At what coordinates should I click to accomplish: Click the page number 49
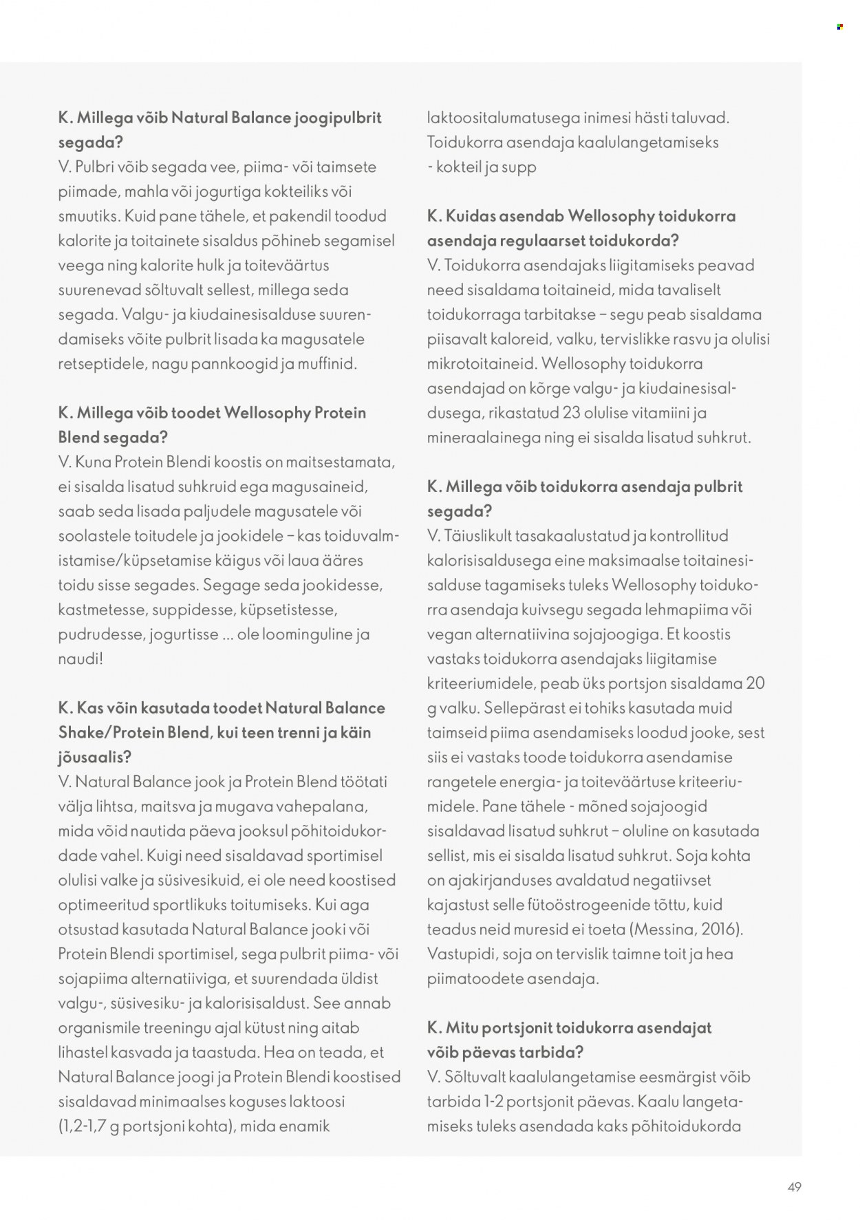[795, 1187]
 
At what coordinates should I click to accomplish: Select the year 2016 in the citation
[720, 929]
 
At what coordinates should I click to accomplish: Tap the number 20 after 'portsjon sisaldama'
[755, 683]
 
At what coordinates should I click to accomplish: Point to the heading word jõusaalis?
[94, 757]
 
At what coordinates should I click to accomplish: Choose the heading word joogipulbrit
[338, 118]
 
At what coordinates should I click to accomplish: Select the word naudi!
[80, 659]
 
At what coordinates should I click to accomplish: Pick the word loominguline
[303, 634]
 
